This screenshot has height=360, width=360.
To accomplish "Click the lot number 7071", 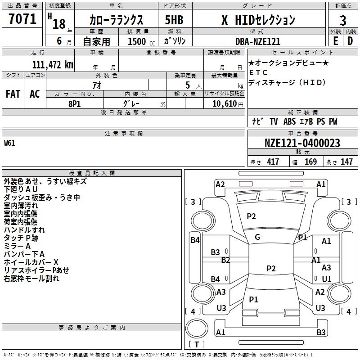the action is tap(22, 20).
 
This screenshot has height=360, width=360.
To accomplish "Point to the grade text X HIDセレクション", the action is tap(258, 20).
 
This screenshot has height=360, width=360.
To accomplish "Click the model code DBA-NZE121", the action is tap(258, 41).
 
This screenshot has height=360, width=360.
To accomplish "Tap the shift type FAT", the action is tap(13, 94).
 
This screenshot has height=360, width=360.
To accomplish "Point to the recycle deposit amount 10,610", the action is tap(226, 103).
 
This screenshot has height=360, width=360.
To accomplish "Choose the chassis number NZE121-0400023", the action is tap(302, 143).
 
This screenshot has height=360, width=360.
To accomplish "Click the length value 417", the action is tap(273, 162).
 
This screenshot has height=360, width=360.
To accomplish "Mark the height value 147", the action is tap(346, 162).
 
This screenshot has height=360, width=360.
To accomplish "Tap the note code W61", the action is tap(9, 144).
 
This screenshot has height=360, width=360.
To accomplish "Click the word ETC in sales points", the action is tap(258, 72).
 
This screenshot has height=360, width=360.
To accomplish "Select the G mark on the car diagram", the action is tap(257, 237).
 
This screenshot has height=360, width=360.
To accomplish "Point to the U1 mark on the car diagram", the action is tap(326, 279).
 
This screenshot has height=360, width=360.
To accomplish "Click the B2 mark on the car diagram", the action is tap(225, 260).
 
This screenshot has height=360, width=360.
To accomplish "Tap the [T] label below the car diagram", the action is tap(196, 345).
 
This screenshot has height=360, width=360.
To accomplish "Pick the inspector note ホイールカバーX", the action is tap(31, 262).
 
